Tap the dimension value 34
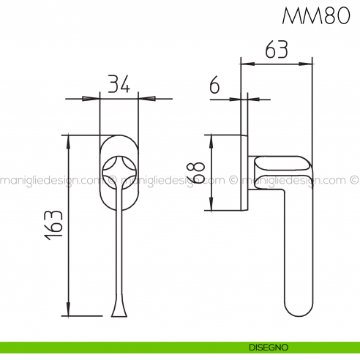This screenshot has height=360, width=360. (119, 85)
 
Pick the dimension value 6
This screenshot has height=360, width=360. (214, 86)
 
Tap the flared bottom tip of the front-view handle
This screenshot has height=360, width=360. (119, 312)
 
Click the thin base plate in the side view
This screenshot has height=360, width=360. (244, 172)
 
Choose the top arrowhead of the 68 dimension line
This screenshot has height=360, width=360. (211, 139)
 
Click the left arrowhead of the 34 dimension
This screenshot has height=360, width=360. (94, 98)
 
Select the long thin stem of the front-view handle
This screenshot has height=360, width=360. (119, 249)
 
